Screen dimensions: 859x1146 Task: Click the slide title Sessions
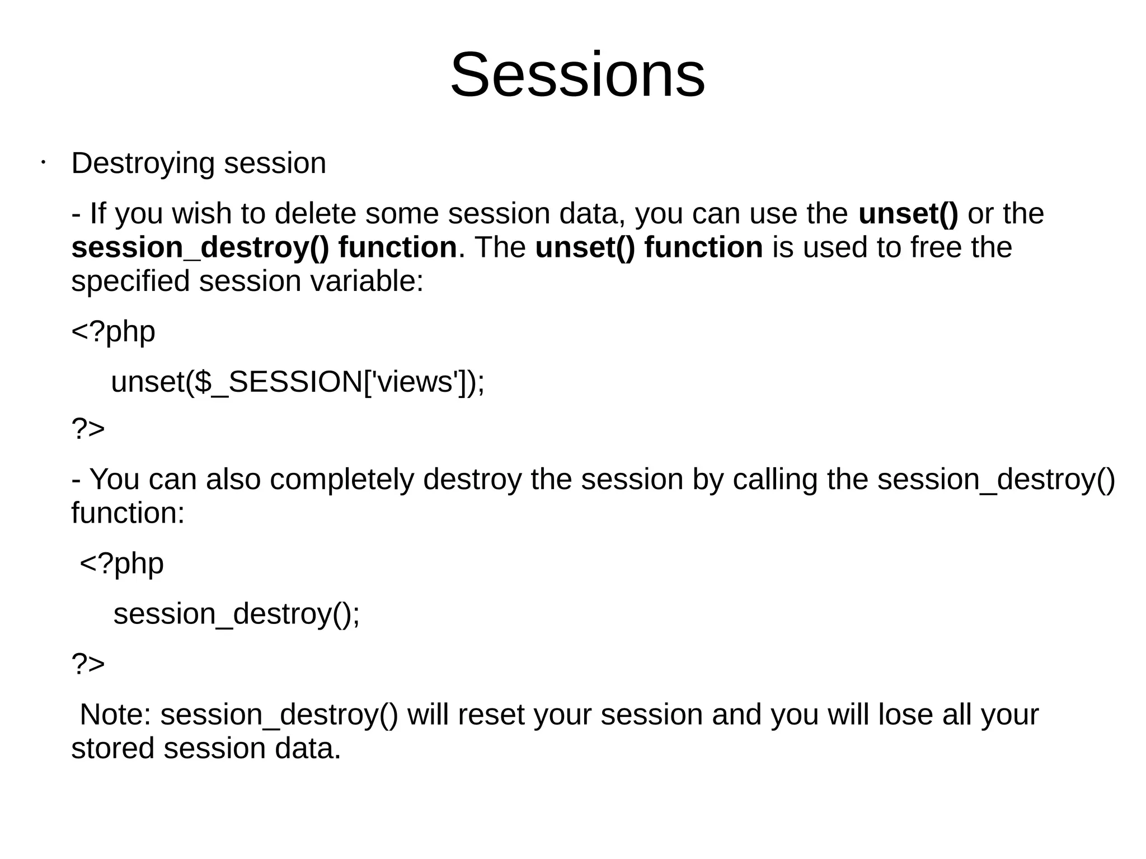coord(577,75)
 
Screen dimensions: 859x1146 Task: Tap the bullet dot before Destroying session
coord(43,164)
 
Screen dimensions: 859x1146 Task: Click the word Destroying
coord(143,164)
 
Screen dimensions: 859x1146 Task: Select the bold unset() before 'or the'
coord(908,214)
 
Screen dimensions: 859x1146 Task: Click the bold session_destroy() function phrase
coord(264,247)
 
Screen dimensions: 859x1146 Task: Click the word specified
coord(130,281)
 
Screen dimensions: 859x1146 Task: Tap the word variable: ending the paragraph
coord(367,281)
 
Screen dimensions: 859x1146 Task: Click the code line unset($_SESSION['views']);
coord(298,382)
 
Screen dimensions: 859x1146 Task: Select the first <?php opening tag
coord(113,331)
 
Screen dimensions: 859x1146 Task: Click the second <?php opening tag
coord(121,563)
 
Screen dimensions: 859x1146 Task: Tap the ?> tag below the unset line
coord(88,429)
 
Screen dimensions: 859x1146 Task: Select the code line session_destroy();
coord(237,614)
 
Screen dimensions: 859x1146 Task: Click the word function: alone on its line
coord(128,513)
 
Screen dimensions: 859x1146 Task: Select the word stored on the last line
coord(112,749)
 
